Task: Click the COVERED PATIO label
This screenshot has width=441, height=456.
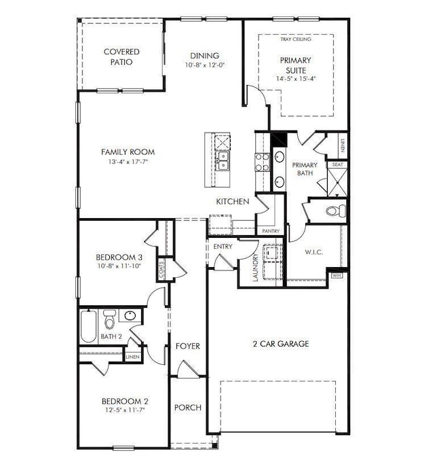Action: pos(121,56)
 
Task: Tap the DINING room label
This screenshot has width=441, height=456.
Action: pos(204,56)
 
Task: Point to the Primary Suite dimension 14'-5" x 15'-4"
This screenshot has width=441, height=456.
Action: pos(296,78)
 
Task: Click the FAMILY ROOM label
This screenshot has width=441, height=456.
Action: pos(128,152)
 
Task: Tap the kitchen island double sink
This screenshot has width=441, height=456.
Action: pos(222,161)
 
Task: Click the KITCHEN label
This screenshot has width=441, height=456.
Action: pos(232,202)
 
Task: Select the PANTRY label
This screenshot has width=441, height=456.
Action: pos(271,231)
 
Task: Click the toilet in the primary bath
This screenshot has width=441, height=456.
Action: pos(333,210)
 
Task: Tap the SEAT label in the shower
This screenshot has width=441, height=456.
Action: pos(337,164)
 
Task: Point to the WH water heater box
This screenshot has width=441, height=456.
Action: pos(337,275)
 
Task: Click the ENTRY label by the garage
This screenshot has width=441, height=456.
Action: pos(222,246)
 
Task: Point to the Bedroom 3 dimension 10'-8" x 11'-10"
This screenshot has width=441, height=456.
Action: pos(119,266)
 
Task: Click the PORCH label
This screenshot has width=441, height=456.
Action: pos(188,408)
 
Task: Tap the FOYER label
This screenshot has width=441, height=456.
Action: pos(188,347)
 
